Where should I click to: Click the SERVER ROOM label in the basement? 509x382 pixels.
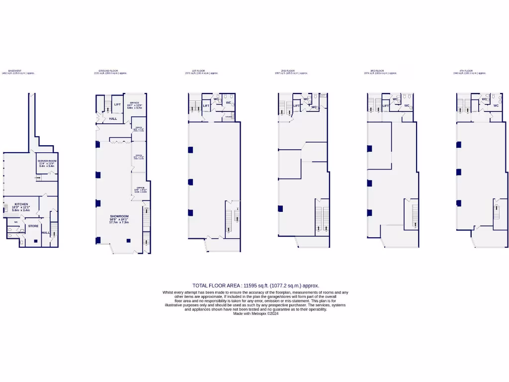(46, 161)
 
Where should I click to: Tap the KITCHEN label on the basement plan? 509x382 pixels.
(21, 204)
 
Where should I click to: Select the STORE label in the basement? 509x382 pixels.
(33, 226)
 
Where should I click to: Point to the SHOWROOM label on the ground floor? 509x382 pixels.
(119, 216)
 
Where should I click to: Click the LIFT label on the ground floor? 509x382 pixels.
(117, 104)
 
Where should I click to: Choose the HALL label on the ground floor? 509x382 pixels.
(113, 118)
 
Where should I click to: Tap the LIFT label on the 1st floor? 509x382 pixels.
(206, 105)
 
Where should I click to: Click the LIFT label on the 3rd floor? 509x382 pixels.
(385, 105)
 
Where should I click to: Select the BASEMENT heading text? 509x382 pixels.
(15, 71)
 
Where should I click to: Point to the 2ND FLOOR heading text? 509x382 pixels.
(288, 71)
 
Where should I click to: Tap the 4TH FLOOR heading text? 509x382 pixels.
(466, 71)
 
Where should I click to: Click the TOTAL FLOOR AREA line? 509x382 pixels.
(255, 286)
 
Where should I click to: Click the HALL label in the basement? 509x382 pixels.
(46, 232)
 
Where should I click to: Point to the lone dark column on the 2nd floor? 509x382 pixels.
(280, 208)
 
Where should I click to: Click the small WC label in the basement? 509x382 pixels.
(16, 222)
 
